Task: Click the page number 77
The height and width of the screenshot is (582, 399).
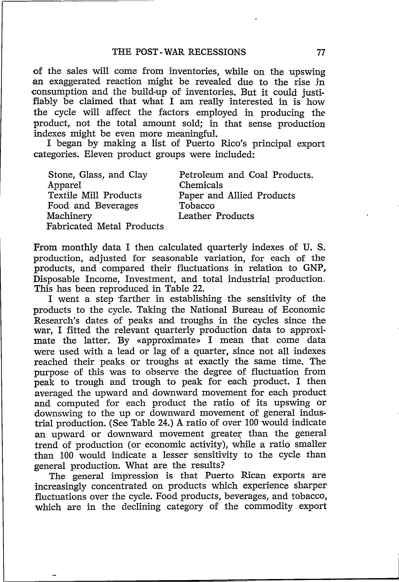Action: click(320, 52)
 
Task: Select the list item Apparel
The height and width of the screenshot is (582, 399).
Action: click(64, 185)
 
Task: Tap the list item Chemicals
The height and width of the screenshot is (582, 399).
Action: click(201, 185)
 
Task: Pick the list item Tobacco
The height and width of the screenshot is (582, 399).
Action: click(197, 206)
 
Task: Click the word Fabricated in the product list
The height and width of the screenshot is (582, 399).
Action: click(70, 226)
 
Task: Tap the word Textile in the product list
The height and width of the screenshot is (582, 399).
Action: click(62, 195)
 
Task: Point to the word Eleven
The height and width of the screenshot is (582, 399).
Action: click(98, 154)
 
